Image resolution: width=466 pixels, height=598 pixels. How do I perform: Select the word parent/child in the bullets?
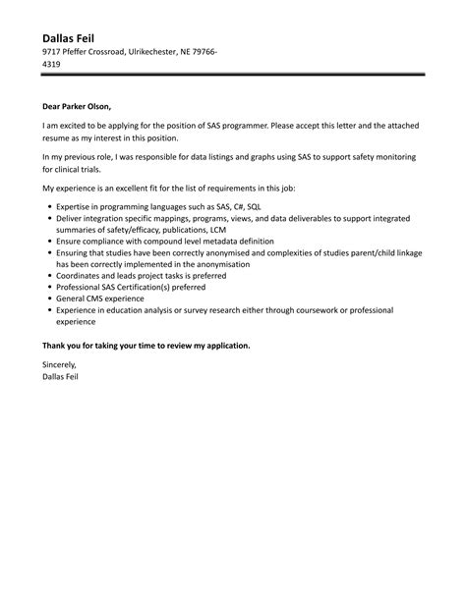[x=389, y=252]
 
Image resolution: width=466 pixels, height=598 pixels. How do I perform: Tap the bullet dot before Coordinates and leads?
[x=48, y=276]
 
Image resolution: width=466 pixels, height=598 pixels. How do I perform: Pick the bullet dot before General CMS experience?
[x=48, y=299]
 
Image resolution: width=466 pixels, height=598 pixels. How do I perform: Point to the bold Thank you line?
[x=146, y=345]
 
